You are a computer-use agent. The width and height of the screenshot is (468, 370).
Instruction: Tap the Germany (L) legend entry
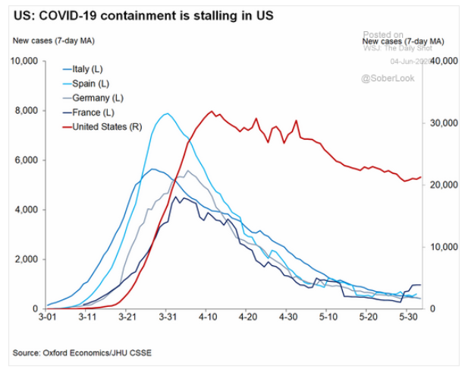point(98,97)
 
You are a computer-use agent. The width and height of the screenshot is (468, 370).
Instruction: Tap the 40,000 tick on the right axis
point(443,61)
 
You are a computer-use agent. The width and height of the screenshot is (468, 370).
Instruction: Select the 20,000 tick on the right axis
point(443,185)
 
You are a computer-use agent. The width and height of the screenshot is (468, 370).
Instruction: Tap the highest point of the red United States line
point(212,112)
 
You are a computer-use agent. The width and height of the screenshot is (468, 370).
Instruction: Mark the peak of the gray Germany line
point(188,170)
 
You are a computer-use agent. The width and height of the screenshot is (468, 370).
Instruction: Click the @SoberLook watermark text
point(388,78)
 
